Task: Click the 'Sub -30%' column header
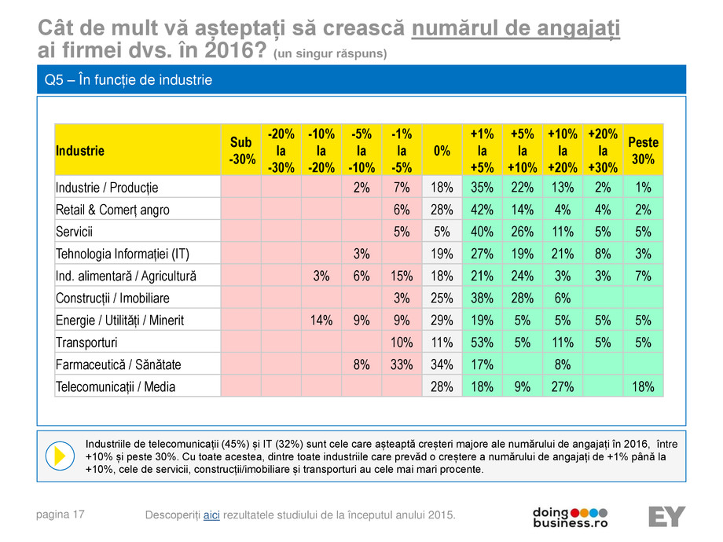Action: tap(240, 150)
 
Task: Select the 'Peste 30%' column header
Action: tap(642, 150)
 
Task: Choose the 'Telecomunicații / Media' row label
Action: tap(116, 386)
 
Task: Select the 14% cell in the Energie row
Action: tap(321, 320)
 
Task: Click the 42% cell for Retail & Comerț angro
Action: tap(482, 210)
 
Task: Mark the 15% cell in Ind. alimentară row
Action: tap(402, 276)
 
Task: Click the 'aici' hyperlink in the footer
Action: tap(211, 515)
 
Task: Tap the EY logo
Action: tap(666, 516)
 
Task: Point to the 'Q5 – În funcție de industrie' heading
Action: tap(128, 80)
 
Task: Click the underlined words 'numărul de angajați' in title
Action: tap(516, 29)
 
